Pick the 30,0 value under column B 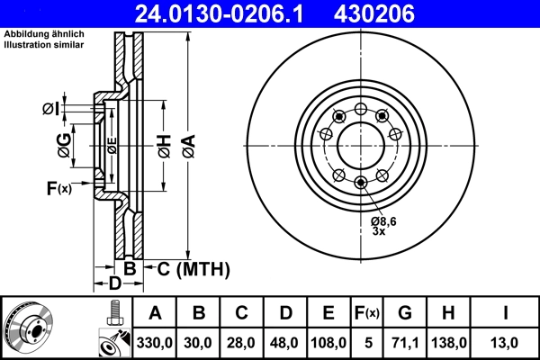pyautogui.click(x=200, y=342)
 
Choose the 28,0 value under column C pyautogui.click(x=242, y=342)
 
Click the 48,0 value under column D pyautogui.click(x=285, y=342)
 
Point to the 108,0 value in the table pyautogui.click(x=328, y=342)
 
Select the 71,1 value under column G pyautogui.click(x=406, y=342)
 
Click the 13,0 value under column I pyautogui.click(x=507, y=342)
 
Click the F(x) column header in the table pyautogui.click(x=366, y=313)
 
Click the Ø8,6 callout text pyautogui.click(x=384, y=220)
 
